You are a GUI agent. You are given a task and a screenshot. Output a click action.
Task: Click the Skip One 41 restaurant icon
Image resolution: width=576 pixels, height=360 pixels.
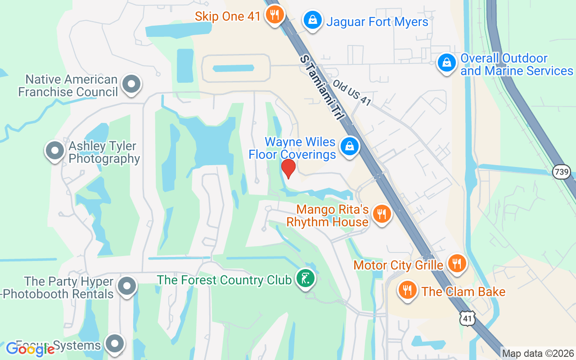274,15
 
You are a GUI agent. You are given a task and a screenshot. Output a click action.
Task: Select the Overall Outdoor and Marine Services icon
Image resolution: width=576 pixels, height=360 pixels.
446,63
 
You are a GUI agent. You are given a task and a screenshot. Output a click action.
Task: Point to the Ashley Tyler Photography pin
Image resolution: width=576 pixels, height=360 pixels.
55,150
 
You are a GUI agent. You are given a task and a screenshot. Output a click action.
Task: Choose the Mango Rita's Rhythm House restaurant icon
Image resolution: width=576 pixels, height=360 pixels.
382,214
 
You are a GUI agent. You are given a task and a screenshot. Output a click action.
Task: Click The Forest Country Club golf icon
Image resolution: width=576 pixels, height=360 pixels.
306,279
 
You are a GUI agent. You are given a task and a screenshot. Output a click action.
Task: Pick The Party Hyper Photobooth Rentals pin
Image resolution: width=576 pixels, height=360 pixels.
127,286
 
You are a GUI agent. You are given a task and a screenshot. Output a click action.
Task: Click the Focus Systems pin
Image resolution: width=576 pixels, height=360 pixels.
114,344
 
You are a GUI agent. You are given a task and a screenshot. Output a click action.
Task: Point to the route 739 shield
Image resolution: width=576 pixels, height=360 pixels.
562,171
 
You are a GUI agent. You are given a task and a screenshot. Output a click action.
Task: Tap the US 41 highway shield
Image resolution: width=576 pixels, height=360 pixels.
468,319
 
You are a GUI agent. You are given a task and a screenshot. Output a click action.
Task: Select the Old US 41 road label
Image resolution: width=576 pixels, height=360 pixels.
352,93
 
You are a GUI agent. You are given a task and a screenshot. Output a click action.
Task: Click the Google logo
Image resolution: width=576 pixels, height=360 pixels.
30,349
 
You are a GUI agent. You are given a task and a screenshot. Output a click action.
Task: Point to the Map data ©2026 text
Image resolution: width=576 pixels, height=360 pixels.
538,354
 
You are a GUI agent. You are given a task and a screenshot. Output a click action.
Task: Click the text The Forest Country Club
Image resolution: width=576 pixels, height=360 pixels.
224,280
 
